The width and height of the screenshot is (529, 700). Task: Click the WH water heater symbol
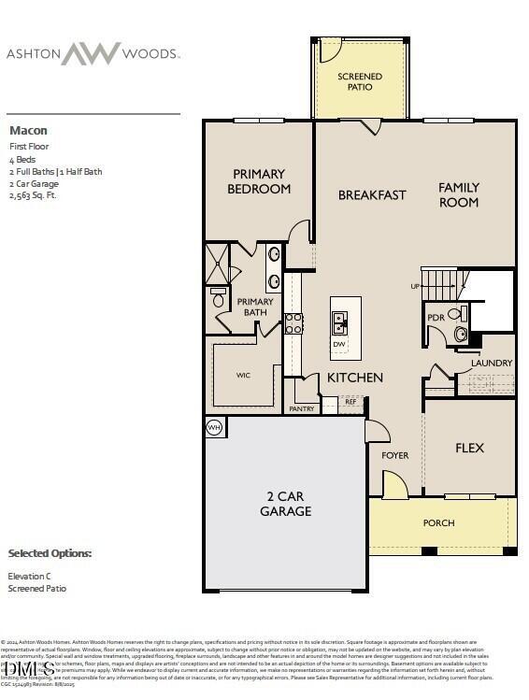[x=213, y=427]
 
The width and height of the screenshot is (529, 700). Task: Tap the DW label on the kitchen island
[x=339, y=344]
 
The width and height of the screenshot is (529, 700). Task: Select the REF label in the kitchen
[x=350, y=402]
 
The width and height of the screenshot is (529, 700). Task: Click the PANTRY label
[x=301, y=408]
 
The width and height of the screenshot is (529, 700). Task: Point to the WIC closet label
[x=243, y=375]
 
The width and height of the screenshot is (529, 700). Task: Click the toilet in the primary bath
[x=219, y=298]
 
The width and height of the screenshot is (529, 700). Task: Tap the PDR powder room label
[x=436, y=318]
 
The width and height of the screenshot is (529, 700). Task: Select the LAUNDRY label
[x=492, y=363]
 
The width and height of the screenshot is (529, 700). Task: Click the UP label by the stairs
[x=415, y=285]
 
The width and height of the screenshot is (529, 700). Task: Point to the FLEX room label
[x=469, y=448]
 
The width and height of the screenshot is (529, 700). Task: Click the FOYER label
[x=395, y=455]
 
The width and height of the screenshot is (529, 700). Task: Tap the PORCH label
[x=438, y=523]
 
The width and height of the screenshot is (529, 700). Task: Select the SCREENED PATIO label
[x=360, y=81]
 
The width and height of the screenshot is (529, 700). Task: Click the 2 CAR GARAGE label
[x=286, y=504]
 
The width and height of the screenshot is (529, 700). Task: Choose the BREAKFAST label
[x=372, y=194]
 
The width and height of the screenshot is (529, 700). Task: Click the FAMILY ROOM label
[x=459, y=194]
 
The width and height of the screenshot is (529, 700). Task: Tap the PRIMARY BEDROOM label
[x=259, y=180]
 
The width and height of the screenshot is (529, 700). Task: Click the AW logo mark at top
[x=91, y=53]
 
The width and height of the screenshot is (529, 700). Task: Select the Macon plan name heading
[x=28, y=130]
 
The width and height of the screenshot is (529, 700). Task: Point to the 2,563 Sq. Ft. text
[x=34, y=195]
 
